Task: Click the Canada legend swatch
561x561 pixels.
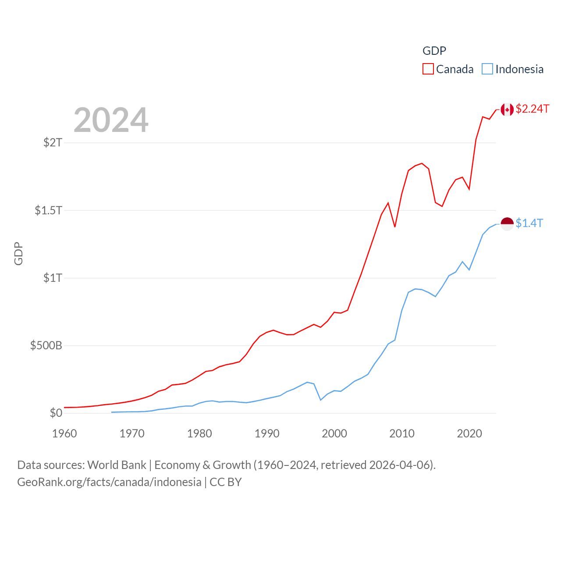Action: pyautogui.click(x=428, y=69)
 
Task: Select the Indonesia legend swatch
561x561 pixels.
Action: pyautogui.click(x=487, y=69)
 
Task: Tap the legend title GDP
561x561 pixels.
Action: pyautogui.click(x=434, y=51)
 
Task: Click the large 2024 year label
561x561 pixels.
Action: pyautogui.click(x=111, y=120)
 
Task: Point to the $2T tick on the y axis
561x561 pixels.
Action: pyautogui.click(x=53, y=142)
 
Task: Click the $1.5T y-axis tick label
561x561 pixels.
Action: pyautogui.click(x=49, y=210)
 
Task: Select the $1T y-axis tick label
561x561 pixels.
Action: pyautogui.click(x=53, y=278)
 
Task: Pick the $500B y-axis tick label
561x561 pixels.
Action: pyautogui.click(x=46, y=345)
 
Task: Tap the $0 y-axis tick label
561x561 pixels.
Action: pyautogui.click(x=56, y=413)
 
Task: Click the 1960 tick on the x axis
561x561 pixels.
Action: pyautogui.click(x=64, y=433)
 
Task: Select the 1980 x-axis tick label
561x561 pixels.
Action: pyautogui.click(x=199, y=433)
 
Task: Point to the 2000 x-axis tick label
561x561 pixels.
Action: pyautogui.click(x=334, y=433)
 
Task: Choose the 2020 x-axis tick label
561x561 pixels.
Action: pyautogui.click(x=469, y=433)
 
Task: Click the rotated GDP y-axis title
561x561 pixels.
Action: pyautogui.click(x=18, y=253)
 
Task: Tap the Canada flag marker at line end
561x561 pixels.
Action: pyautogui.click(x=507, y=110)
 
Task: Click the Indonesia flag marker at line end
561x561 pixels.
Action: pyautogui.click(x=507, y=224)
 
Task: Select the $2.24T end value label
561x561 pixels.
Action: pyautogui.click(x=533, y=109)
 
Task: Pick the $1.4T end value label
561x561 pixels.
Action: pyautogui.click(x=529, y=223)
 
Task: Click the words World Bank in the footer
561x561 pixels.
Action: pyautogui.click(x=117, y=465)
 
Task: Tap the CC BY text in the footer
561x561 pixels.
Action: pyautogui.click(x=226, y=482)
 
